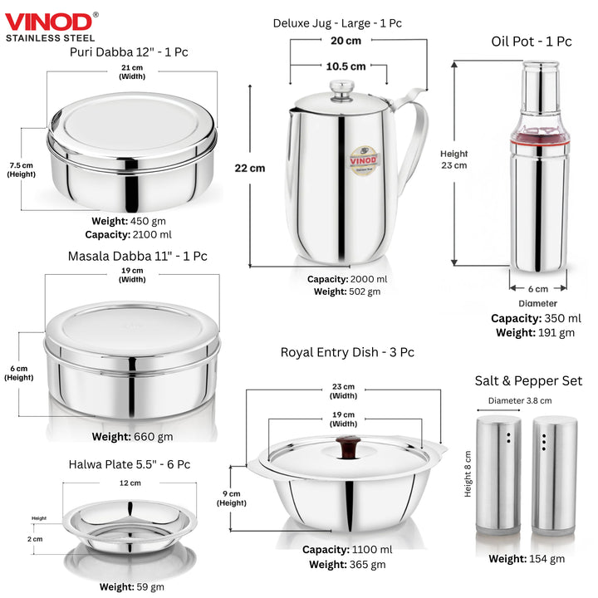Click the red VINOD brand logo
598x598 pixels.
click(48, 22)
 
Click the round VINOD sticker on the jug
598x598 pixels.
click(364, 160)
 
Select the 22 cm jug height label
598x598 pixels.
click(250, 168)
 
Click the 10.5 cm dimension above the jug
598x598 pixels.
click(346, 66)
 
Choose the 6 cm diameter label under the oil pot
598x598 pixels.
click(537, 289)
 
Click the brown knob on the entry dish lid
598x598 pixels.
click(348, 448)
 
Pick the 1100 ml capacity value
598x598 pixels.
click(372, 550)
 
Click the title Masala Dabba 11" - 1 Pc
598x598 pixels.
click(137, 256)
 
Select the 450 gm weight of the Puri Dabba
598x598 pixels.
click(148, 221)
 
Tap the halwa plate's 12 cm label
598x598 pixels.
click(130, 483)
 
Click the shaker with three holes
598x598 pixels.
click(555, 475)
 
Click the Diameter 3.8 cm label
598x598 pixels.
click(520, 400)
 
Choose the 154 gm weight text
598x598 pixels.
click(547, 559)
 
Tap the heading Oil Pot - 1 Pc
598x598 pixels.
click(532, 42)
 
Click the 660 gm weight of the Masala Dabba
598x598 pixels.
click(154, 437)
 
